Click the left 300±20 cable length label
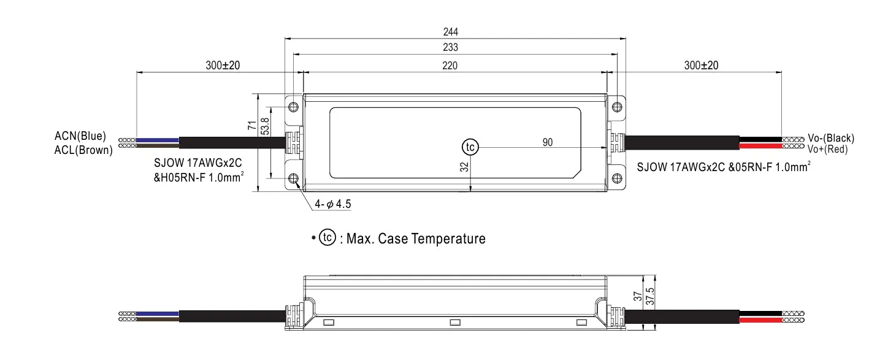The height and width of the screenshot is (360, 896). tap(223, 65)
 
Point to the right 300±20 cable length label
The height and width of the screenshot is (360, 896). tap(701, 65)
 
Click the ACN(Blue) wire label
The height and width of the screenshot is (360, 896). tap(80, 136)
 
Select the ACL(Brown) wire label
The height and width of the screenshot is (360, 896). tap(83, 150)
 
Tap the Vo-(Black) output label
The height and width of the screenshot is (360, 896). tap(830, 138)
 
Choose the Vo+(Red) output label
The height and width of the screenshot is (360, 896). tap(827, 149)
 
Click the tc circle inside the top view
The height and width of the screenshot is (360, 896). tap(470, 147)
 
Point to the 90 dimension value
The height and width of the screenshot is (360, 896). tap(548, 142)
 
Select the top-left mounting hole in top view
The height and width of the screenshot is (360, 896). tap(294, 107)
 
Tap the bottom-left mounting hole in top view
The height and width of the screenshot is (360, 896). tap(294, 178)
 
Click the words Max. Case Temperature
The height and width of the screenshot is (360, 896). tap(416, 239)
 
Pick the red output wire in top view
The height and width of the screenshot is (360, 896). tap(760, 146)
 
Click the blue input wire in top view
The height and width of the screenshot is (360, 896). tap(157, 139)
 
